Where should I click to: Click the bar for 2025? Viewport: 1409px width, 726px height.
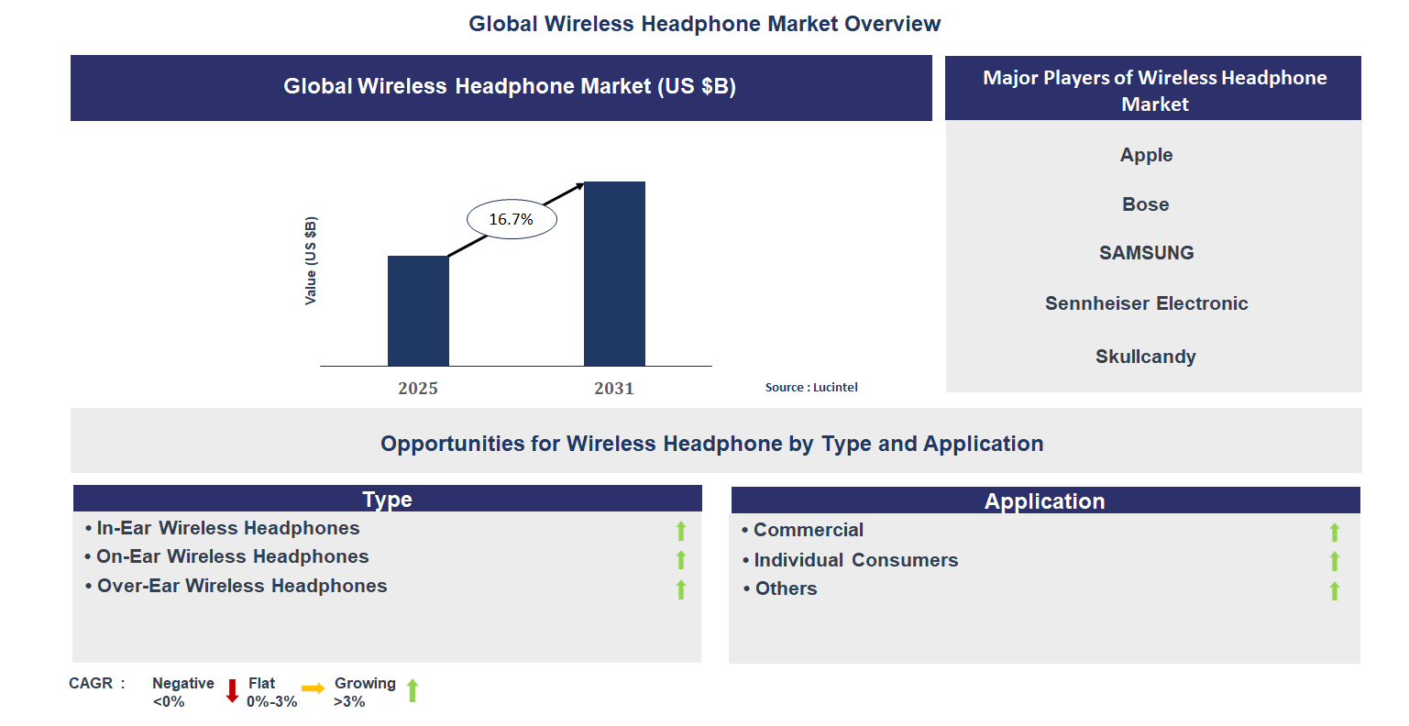tap(418, 311)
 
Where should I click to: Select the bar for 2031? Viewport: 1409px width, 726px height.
tap(614, 274)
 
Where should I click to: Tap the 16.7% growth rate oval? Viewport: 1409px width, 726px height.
tap(512, 219)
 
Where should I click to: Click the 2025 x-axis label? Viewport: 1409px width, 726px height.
tap(418, 389)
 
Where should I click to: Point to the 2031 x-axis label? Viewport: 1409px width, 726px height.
tap(614, 389)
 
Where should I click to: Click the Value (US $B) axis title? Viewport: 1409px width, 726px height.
tap(311, 261)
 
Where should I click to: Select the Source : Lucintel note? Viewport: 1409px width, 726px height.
tap(811, 388)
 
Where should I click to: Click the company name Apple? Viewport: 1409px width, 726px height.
tap(1146, 155)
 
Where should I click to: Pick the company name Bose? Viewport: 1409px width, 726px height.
tap(1146, 204)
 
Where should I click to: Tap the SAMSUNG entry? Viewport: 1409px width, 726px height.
tap(1146, 253)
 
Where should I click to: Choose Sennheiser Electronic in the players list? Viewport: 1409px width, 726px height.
tap(1146, 303)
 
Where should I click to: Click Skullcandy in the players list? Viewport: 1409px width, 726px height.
tap(1146, 357)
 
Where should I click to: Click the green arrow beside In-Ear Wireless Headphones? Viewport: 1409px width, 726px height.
tap(681, 531)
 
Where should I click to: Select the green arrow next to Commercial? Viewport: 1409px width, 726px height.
tap(1335, 533)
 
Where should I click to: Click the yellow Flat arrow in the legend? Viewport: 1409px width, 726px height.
tap(314, 688)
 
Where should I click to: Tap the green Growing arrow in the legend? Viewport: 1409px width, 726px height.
tap(413, 691)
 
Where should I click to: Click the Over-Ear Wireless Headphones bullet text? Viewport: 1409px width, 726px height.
tap(242, 586)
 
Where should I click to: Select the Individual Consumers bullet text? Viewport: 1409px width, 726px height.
tap(855, 560)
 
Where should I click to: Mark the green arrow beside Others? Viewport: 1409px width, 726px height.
tap(1335, 591)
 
